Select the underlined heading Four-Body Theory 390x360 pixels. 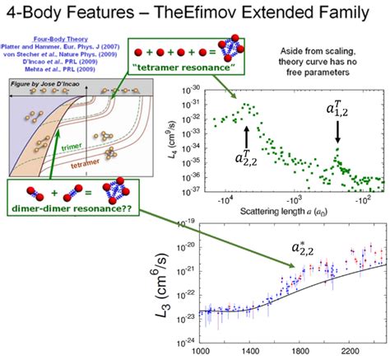pyautogui.click(x=66, y=40)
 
